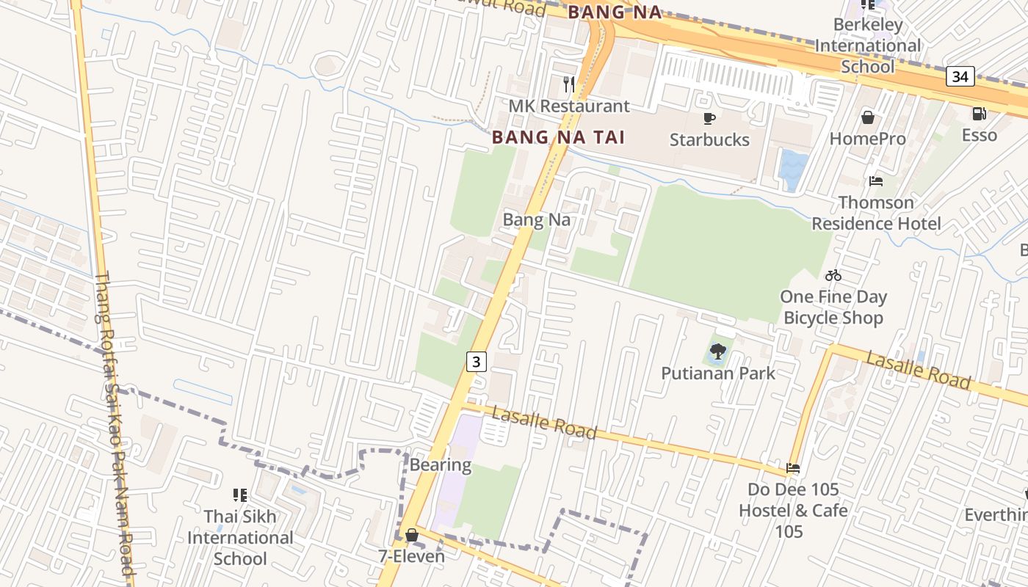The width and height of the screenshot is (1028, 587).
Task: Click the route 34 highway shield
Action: (x=960, y=76)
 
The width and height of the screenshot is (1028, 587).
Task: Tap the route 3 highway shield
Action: (x=477, y=361)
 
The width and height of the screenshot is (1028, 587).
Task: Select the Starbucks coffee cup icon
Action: (x=709, y=118)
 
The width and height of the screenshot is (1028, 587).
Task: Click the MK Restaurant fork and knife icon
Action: (x=569, y=84)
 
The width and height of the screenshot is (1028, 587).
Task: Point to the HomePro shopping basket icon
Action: (x=867, y=117)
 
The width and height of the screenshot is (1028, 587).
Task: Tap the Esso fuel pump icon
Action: (x=979, y=114)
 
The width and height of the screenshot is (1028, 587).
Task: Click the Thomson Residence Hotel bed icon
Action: (x=875, y=181)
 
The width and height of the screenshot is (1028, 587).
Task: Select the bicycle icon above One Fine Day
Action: (x=833, y=276)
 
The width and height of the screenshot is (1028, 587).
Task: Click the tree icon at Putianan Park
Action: (x=717, y=351)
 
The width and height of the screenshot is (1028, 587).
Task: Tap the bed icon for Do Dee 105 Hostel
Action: (x=792, y=468)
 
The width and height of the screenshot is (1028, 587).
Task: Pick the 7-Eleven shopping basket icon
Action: (x=412, y=535)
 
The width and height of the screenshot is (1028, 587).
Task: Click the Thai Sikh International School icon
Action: (x=239, y=495)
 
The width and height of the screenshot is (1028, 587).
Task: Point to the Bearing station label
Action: (x=441, y=464)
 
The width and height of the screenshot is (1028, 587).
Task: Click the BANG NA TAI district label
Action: (x=558, y=137)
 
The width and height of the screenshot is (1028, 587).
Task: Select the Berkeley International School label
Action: (x=868, y=45)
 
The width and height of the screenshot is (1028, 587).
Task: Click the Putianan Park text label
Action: (x=718, y=373)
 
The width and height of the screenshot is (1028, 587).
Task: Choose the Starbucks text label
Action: (x=709, y=139)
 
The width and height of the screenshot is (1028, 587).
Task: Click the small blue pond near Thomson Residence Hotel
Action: (x=794, y=168)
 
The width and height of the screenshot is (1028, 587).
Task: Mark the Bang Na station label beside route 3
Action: (x=536, y=219)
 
